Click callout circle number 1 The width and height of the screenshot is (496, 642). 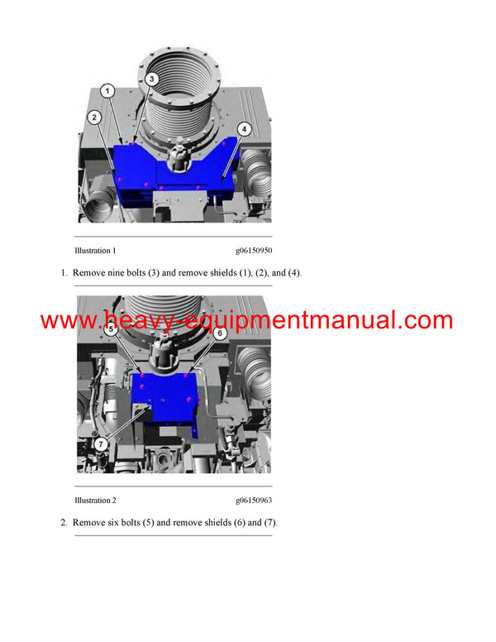[106, 89]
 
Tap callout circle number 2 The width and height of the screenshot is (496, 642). [96, 117]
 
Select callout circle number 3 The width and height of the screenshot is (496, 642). [152, 79]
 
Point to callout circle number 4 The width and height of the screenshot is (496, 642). [245, 128]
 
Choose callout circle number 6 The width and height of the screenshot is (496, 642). [220, 333]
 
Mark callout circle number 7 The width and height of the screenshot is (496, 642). [101, 443]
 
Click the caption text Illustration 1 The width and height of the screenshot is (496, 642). [95, 251]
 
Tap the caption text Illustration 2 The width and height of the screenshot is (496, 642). [95, 501]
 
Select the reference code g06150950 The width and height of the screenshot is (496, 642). [254, 251]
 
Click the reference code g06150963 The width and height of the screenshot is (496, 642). [254, 501]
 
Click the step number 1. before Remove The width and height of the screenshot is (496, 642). [64, 273]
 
